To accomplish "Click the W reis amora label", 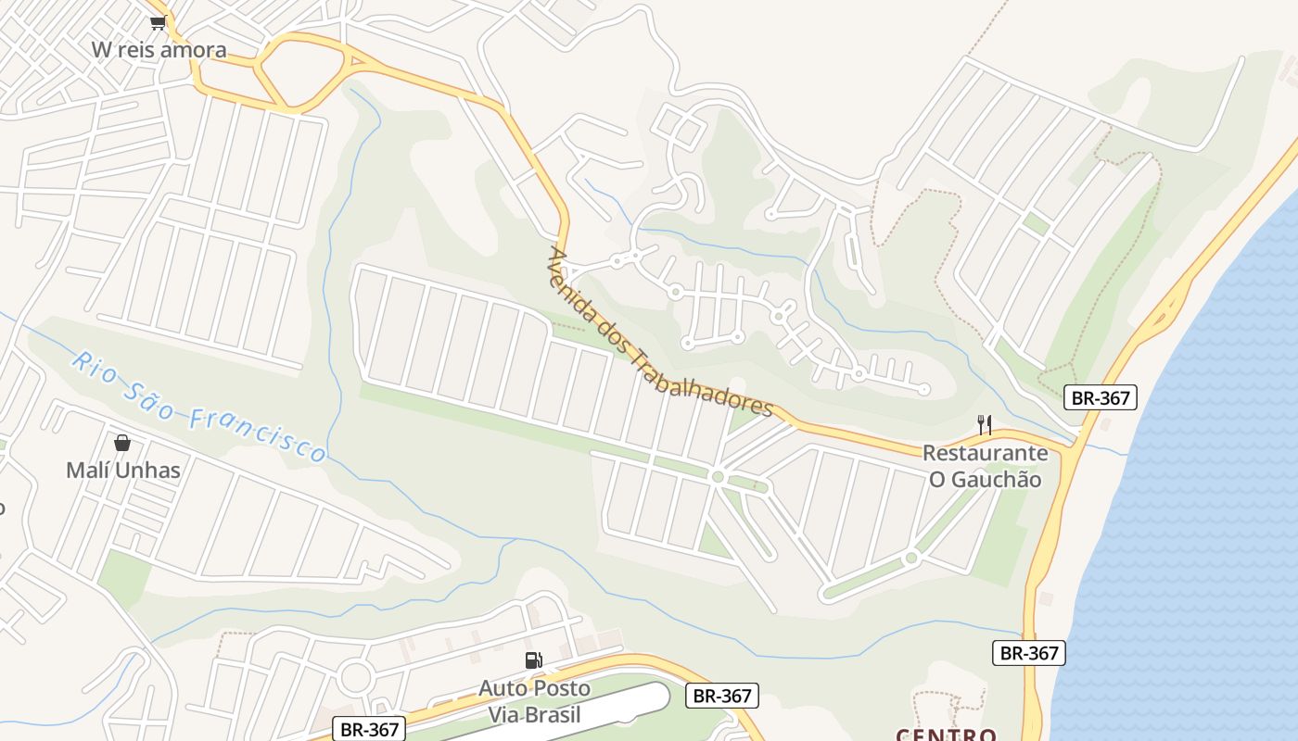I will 159,49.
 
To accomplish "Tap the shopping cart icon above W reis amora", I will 158,22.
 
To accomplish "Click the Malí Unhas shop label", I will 122,470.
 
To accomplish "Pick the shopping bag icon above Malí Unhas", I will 122,443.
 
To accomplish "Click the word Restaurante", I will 985,453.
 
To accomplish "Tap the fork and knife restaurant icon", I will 985,425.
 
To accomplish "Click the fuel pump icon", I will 534,660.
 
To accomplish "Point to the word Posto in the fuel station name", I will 560,688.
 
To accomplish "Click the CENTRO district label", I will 947,735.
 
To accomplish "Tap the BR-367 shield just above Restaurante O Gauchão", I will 1100,398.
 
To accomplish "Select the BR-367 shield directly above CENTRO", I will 1028,653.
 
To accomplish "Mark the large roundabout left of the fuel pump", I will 356,677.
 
